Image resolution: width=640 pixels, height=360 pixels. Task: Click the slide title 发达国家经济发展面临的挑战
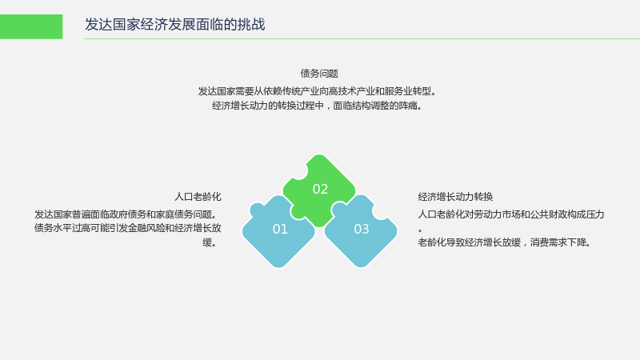(174, 25)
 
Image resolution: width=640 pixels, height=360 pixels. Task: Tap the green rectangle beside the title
(31, 26)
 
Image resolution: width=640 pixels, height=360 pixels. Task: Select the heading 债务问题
(319, 74)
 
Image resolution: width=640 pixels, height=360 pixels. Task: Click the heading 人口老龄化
(198, 197)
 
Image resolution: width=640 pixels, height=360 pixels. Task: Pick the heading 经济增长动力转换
(455, 197)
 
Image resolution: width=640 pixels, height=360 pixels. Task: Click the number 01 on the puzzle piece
(280, 229)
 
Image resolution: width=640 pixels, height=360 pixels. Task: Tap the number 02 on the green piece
(320, 189)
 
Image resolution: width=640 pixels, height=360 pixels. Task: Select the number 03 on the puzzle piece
(362, 229)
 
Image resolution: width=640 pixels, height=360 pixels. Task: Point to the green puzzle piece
(319, 190)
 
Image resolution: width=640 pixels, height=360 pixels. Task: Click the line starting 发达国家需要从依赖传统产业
(317, 91)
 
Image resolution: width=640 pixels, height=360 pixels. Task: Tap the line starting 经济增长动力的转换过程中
(317, 106)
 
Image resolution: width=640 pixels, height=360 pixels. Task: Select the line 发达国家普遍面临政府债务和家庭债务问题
(126, 214)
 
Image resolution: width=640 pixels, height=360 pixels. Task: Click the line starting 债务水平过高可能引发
(128, 228)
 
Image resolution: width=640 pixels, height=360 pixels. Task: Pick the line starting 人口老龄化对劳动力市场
(511, 214)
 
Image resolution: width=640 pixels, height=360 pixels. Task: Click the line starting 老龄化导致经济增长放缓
(505, 242)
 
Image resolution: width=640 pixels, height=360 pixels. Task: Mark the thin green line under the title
(362, 38)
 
